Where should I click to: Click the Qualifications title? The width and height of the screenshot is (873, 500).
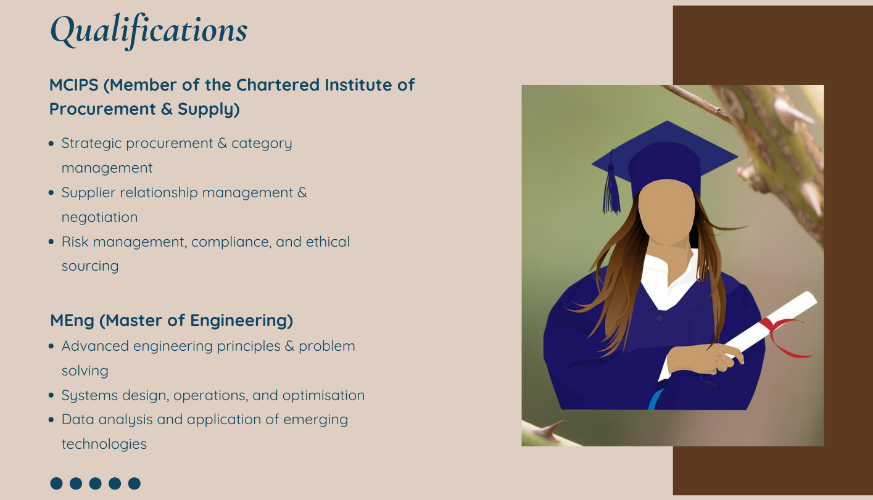149,31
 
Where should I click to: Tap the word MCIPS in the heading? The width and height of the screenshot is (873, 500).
73,85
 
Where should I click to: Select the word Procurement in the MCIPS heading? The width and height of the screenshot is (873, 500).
102,109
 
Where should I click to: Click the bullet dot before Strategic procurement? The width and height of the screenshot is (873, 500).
51,144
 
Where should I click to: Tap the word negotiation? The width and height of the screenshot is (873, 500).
100,217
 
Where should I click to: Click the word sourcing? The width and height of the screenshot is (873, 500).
90,266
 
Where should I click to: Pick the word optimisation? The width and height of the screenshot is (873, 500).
323,396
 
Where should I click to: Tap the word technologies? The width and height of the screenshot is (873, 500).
104,445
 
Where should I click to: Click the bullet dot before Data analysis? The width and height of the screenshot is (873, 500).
51,420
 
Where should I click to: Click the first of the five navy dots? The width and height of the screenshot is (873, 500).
57,483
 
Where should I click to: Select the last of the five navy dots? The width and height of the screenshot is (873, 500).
134,483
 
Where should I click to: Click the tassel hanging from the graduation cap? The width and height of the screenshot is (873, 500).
611,187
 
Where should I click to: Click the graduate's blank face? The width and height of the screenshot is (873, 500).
667,211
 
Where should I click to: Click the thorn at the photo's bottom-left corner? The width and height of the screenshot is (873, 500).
550,430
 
